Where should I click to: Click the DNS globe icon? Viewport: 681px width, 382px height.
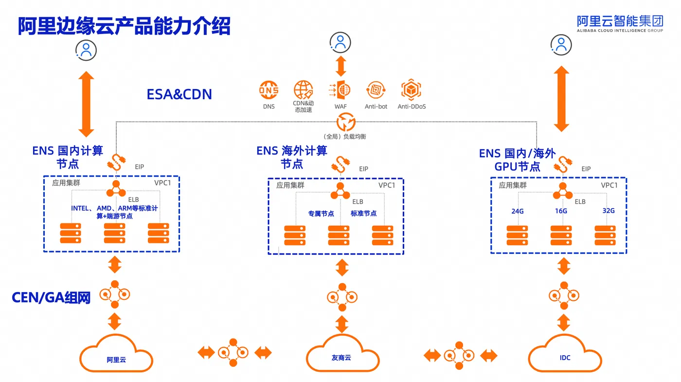(269, 90)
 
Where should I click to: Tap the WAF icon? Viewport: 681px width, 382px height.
(340, 90)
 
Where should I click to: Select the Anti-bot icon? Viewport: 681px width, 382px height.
(376, 90)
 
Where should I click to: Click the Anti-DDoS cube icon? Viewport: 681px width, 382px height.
(411, 90)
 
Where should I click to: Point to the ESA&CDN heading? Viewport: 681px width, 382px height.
(179, 94)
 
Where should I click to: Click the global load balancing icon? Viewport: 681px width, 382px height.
(346, 122)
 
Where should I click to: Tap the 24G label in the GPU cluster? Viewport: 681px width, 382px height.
(518, 211)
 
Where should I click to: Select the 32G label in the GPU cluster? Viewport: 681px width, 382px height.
(609, 211)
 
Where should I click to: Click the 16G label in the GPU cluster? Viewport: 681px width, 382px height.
(561, 211)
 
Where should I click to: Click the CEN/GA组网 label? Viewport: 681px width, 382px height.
(51, 297)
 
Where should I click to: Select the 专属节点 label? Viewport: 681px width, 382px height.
(321, 214)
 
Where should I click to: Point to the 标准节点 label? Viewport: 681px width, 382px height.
(364, 214)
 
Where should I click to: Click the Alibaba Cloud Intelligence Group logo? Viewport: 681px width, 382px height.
(620, 24)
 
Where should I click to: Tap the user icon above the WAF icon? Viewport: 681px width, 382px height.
(340, 42)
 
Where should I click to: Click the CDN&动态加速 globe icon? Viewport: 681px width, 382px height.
(304, 90)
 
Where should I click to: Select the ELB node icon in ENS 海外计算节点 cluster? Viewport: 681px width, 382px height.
(340, 191)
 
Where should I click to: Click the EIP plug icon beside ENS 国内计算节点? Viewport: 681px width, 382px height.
(116, 163)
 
